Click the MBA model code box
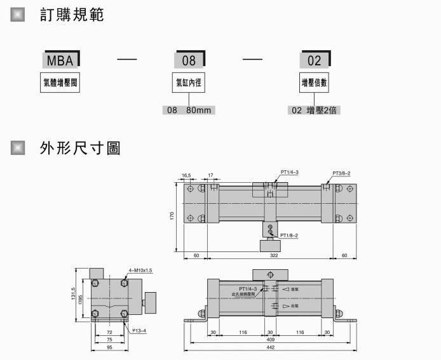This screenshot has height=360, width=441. (61, 60)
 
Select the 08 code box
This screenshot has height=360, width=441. (189, 60)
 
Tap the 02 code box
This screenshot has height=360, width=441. (315, 60)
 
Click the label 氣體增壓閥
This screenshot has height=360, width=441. (61, 83)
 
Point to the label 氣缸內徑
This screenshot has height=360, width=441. (189, 83)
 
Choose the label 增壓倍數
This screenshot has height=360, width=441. (315, 83)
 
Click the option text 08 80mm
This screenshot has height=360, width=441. (189, 110)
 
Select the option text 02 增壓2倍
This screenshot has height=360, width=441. (315, 110)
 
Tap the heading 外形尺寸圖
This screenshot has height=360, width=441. (79, 149)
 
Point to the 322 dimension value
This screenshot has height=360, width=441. (274, 255)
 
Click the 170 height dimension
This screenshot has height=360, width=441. (172, 216)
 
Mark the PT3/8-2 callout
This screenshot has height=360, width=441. (341, 173)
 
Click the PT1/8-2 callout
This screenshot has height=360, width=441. (289, 235)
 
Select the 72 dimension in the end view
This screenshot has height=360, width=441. (109, 332)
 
